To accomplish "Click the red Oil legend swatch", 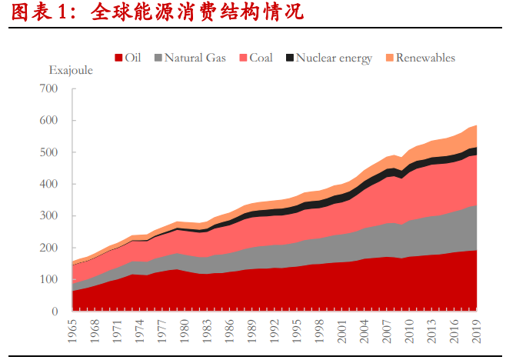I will click(119, 58).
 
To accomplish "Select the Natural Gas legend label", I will click(195, 58).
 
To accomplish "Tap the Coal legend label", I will click(261, 58).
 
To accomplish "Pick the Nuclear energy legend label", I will click(334, 58).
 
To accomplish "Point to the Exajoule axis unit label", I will click(71, 70).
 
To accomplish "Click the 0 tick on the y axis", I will click(55, 312).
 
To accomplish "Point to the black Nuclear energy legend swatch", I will click(290, 58).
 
